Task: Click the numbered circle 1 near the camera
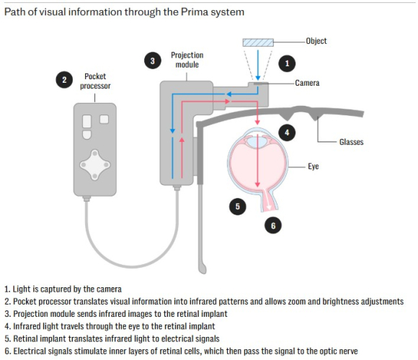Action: pos(287,63)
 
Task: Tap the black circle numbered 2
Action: pos(64,80)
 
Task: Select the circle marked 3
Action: pos(153,60)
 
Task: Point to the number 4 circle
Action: pos(287,132)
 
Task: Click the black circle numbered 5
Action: pos(238,207)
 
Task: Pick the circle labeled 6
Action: pos(273,225)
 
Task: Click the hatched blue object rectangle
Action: pos(258,42)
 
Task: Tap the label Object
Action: pos(316,41)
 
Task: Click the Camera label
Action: pos(307,83)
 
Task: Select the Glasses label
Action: pos(351,142)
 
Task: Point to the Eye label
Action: pos(313,166)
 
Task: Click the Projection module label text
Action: pos(187,60)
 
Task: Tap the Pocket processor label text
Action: pos(95,81)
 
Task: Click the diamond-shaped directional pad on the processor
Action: pos(95,165)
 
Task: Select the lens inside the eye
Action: pos(257,141)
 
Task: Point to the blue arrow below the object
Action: pos(258,65)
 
